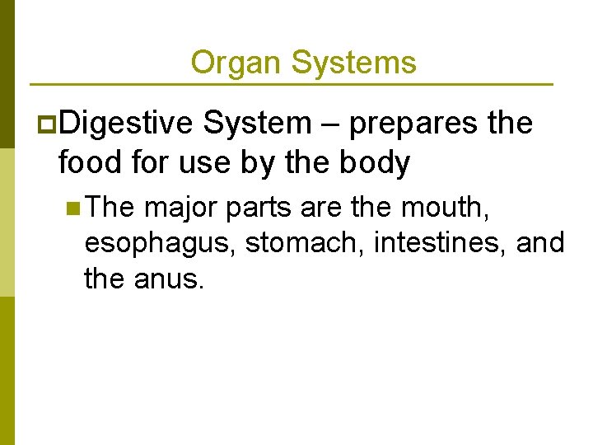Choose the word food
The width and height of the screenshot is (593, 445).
tap(91, 163)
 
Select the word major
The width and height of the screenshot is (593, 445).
tap(180, 208)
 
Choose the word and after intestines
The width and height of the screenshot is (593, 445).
tap(542, 243)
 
